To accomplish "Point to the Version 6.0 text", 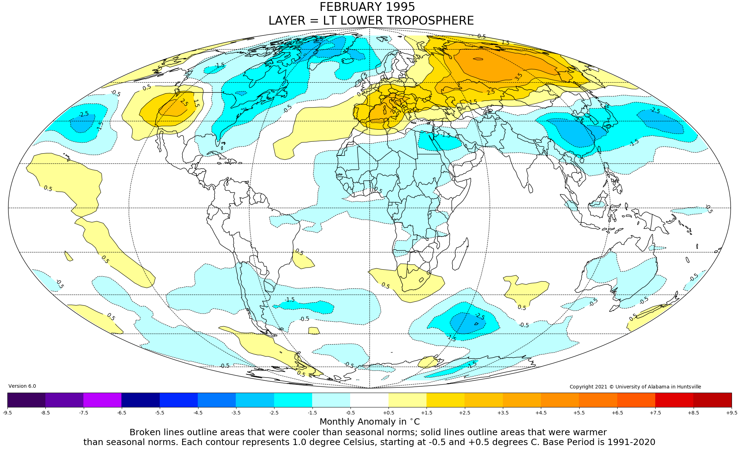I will pos(22,386).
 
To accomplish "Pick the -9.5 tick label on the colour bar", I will pos(7,413).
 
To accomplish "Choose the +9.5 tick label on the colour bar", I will pos(731,413).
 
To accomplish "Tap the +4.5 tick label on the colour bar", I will pos(541,413).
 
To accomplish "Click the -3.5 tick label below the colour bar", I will pos(236,413).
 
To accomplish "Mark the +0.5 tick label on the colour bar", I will pos(389,413).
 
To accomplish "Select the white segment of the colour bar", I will pos(369,400).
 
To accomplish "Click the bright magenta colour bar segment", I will pos(102,400).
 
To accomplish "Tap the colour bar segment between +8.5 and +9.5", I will pos(712,400).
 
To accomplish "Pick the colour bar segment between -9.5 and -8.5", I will pos(26,400).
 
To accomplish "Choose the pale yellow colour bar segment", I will pos(408,400).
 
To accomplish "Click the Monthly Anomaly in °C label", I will pos(369,422).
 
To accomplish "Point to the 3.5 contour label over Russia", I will pos(518,77).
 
